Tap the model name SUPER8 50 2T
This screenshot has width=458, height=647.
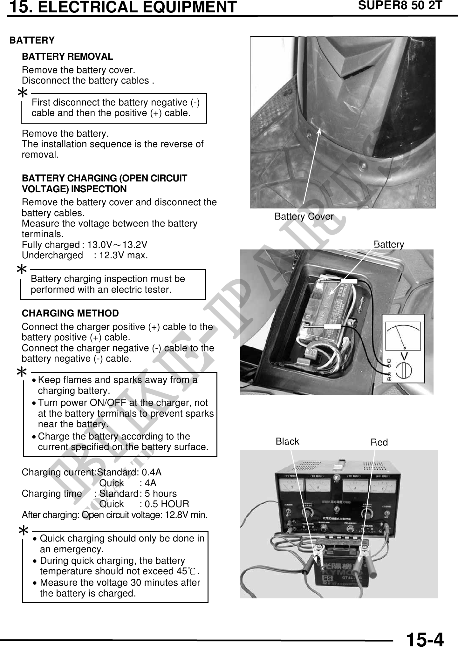point(400,5)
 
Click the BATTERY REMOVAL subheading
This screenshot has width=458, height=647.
point(67,57)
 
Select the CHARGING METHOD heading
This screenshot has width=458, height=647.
point(70,313)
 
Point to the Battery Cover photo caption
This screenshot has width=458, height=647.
point(304,217)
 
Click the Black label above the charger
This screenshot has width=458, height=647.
point(287,441)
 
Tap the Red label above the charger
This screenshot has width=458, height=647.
point(379,442)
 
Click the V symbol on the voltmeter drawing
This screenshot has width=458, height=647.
point(404,356)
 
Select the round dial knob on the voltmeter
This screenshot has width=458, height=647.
point(404,371)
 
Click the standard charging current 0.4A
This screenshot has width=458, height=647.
point(152,473)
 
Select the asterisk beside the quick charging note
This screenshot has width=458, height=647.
point(24,530)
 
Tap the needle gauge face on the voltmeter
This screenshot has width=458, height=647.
point(403,336)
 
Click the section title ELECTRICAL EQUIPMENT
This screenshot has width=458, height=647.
point(137,7)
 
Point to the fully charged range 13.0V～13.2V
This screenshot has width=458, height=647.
point(117,245)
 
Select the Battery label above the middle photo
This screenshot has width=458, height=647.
point(389,244)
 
